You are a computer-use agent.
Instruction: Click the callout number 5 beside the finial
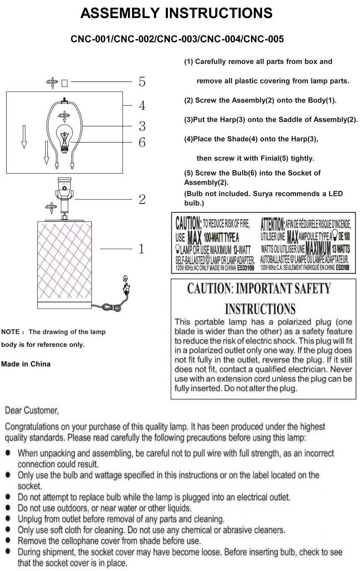[x=142, y=82]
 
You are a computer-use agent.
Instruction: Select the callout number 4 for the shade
[x=142, y=105]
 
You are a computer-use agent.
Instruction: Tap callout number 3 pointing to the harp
[x=142, y=126]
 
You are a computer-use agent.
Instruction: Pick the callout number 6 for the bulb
[x=142, y=142]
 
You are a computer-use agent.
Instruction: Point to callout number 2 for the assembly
[x=142, y=199]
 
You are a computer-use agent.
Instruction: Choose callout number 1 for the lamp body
[x=141, y=249]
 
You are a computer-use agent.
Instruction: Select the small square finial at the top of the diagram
[x=64, y=83]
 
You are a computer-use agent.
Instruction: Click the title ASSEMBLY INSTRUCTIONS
[x=176, y=13]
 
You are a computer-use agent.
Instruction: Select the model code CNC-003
[x=177, y=39]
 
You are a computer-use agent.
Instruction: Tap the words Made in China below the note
[x=26, y=364]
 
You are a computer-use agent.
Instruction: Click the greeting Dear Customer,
[x=32, y=411]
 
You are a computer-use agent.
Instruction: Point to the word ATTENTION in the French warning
[x=273, y=224]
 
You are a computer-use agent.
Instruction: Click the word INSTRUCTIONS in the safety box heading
[x=260, y=309]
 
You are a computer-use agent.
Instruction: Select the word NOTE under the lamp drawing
[x=10, y=332]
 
